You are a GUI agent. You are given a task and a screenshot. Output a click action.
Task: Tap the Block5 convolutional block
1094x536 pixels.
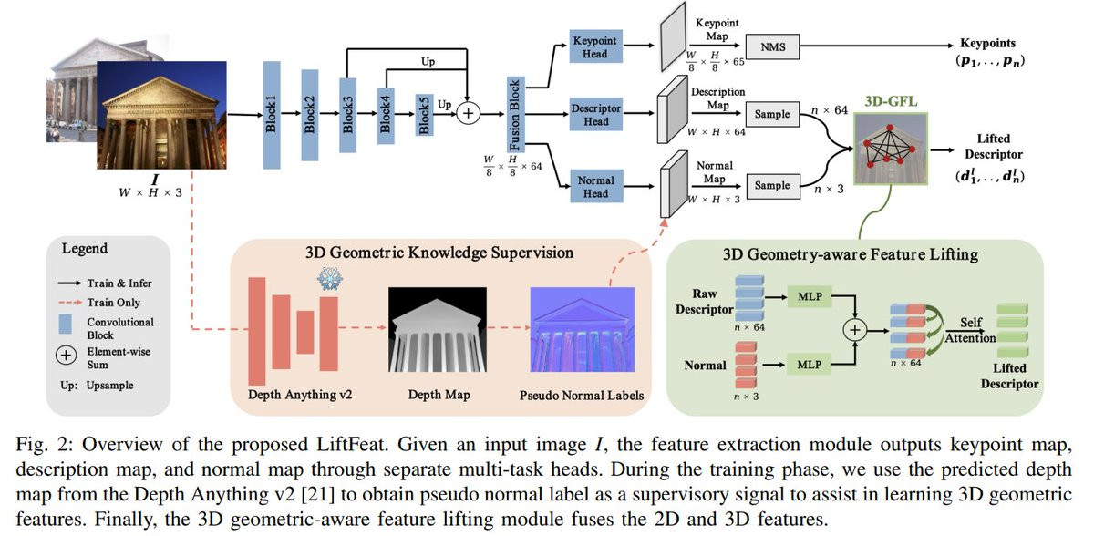424,116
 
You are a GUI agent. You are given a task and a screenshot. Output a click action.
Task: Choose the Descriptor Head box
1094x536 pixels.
596,115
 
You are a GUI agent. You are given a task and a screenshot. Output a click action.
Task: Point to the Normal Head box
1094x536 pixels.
596,186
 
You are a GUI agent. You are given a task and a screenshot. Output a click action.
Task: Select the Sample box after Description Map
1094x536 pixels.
771,115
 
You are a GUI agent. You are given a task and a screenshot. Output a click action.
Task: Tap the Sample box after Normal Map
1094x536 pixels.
771,185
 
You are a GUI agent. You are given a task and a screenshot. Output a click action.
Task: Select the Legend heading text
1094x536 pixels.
84,248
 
